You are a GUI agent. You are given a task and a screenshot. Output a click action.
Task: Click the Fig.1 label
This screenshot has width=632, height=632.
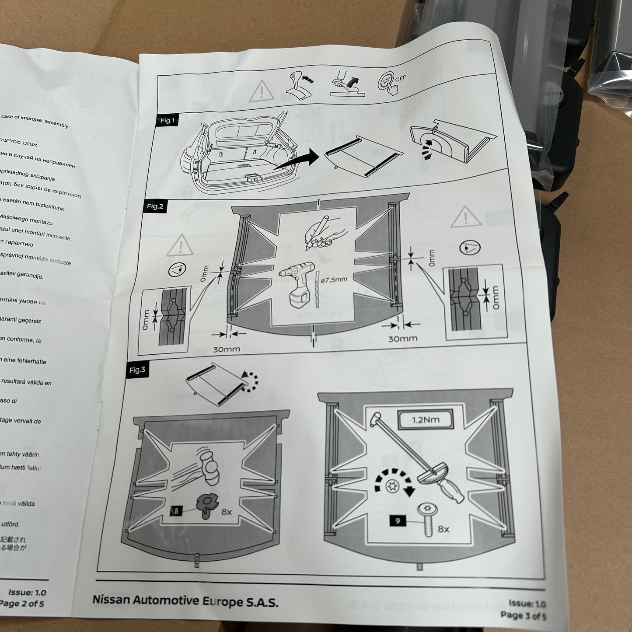click(x=167, y=121)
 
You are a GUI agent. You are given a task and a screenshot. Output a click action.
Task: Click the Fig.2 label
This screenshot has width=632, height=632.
click(x=155, y=206)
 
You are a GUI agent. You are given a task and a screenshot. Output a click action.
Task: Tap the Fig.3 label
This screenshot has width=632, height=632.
click(x=137, y=370)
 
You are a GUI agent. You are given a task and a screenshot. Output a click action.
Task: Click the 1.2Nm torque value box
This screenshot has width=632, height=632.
click(x=425, y=420)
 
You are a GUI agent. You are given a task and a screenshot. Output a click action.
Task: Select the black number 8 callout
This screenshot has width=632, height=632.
click(x=176, y=510)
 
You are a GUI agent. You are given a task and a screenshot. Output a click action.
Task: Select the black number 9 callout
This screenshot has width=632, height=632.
click(x=398, y=521)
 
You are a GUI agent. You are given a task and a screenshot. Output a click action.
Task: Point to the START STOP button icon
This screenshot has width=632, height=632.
click(x=386, y=81)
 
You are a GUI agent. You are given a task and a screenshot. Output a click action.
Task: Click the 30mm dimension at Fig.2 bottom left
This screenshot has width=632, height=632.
click(x=227, y=349)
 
